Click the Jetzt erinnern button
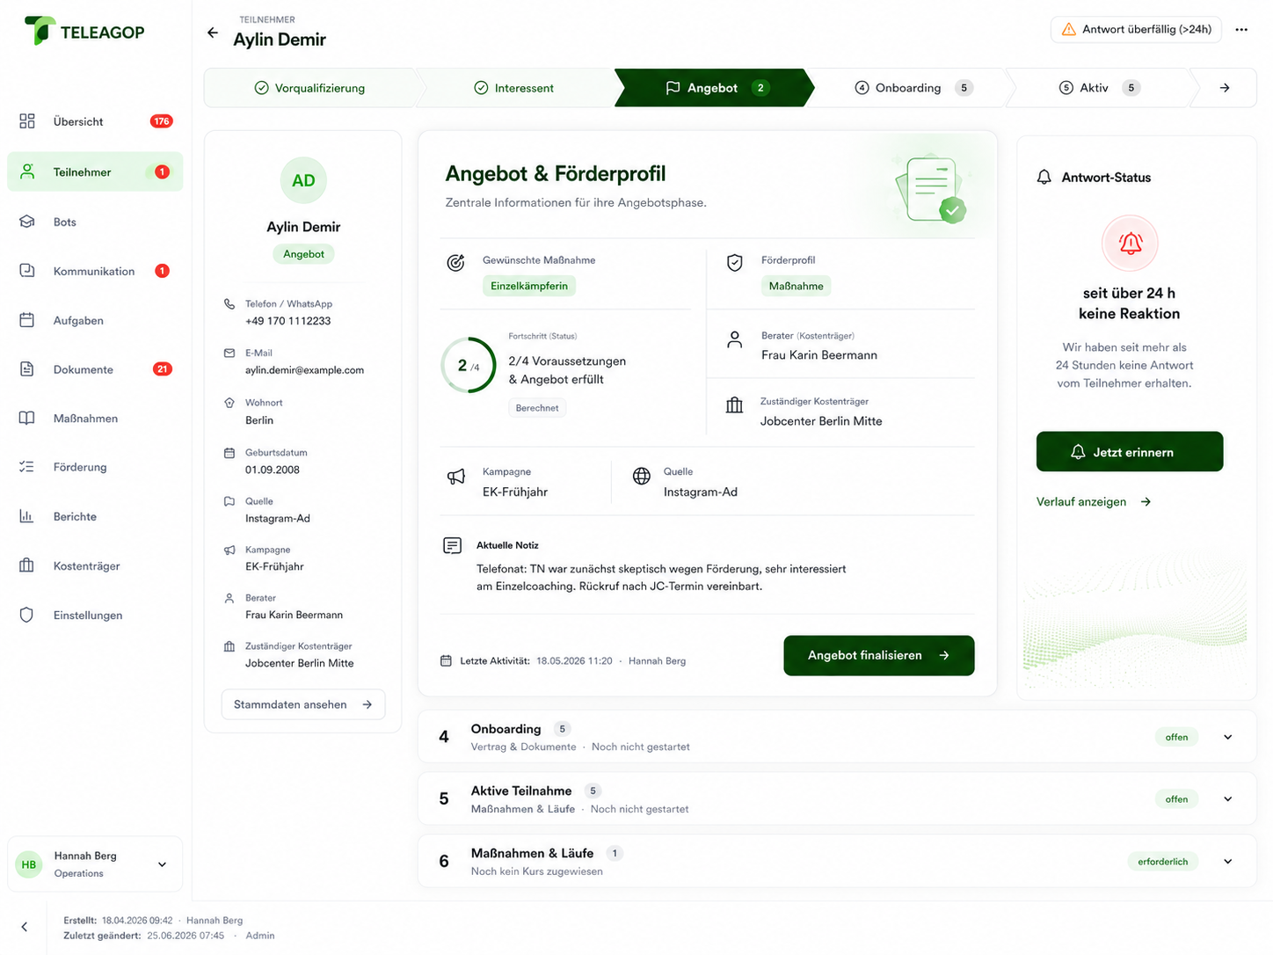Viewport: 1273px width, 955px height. pos(1129,451)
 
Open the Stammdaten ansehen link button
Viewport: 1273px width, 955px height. pos(302,703)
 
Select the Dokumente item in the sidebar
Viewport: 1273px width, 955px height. pos(83,369)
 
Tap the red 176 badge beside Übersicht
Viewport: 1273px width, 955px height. pos(161,121)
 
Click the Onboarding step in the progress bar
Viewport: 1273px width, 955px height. pos(907,88)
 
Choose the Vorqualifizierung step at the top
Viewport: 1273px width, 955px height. pos(310,88)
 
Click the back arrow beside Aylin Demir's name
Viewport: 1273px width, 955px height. pos(213,33)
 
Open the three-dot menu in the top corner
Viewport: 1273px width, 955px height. pos(1240,30)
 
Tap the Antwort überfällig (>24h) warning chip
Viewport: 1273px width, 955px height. pos(1135,30)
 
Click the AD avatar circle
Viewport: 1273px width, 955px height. pos(302,180)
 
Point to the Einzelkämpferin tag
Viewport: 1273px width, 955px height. pos(528,286)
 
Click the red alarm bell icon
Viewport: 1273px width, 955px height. pos(1129,244)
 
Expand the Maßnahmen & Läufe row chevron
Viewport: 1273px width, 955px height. pos(1227,861)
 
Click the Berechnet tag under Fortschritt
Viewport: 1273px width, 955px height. pos(536,408)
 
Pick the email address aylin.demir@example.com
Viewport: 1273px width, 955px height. pos(304,370)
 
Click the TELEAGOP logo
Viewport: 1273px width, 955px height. pos(84,31)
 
